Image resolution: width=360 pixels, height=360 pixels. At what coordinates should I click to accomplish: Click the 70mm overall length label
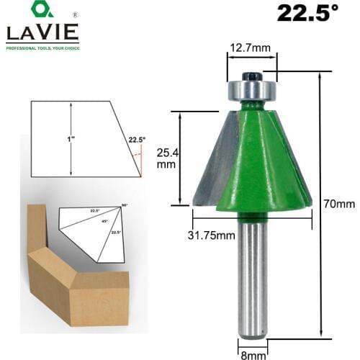pos(335,204)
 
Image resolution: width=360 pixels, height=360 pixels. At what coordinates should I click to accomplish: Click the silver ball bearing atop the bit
pos(251,91)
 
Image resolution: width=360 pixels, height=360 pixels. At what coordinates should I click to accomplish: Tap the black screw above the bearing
pos(251,75)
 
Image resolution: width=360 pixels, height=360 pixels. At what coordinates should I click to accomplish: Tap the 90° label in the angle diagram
pos(125,206)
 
